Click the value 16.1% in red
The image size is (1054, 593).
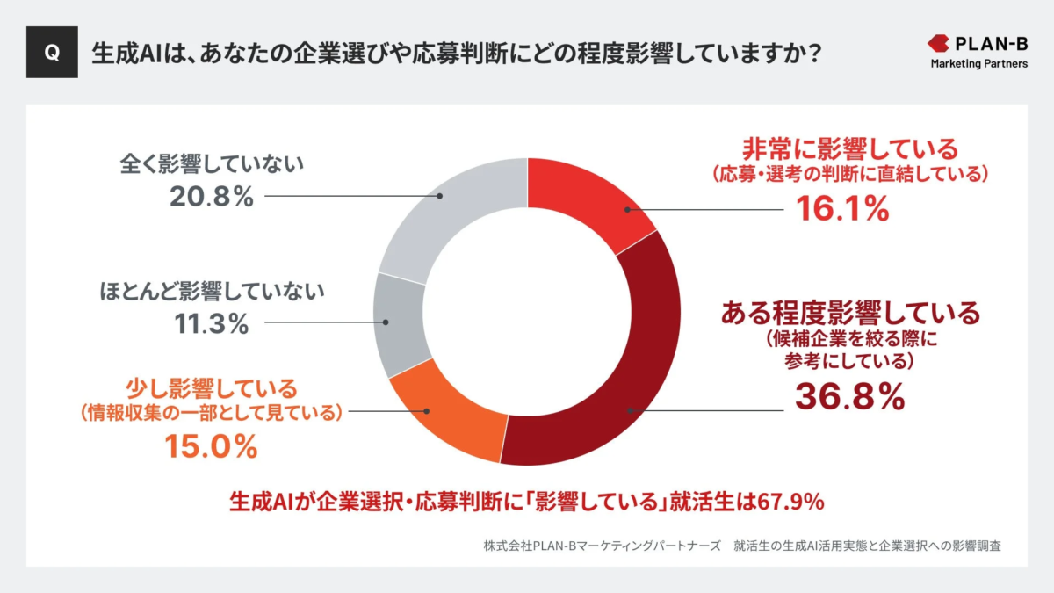(x=842, y=208)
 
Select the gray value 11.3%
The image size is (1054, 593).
(x=210, y=323)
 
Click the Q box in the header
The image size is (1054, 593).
(x=52, y=53)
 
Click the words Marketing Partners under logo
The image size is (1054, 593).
(x=979, y=63)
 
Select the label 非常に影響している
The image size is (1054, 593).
(x=849, y=147)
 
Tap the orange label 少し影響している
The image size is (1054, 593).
(x=211, y=387)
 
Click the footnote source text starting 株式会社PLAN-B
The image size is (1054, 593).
(x=742, y=545)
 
